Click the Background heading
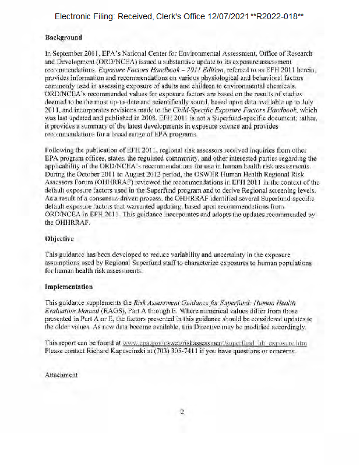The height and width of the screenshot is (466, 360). tap(63, 37)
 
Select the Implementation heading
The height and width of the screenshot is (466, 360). tap(69, 287)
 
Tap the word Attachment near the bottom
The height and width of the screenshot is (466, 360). tap(61, 375)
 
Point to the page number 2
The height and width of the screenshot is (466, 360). tap(182, 412)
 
